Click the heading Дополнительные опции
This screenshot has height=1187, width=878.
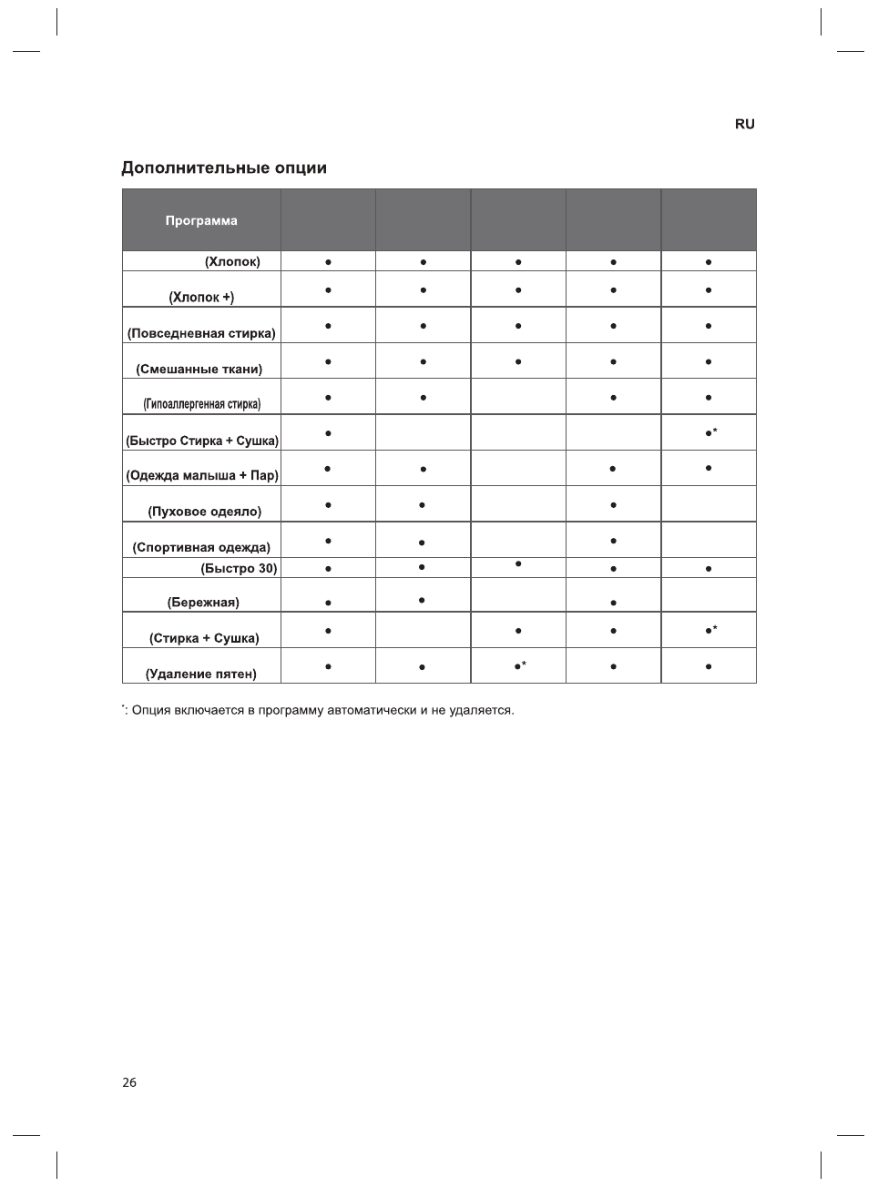click(224, 168)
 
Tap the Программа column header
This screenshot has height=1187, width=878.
click(201, 220)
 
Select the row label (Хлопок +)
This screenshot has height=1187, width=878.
click(201, 297)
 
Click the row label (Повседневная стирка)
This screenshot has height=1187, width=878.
click(201, 333)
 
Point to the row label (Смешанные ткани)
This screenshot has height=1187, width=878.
click(199, 369)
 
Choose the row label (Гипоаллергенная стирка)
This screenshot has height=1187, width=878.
click(201, 404)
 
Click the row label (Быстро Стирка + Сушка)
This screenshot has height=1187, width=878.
click(202, 441)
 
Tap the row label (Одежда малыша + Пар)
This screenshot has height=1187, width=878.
click(202, 475)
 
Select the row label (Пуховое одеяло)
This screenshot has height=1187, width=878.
click(204, 512)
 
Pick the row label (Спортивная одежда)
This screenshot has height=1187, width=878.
click(201, 547)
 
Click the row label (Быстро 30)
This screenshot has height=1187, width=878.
click(239, 568)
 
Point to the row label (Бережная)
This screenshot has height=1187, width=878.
click(203, 602)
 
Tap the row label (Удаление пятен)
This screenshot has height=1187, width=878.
click(201, 674)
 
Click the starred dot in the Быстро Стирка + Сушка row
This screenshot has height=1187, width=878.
click(709, 433)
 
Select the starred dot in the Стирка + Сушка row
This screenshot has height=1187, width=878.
click(709, 630)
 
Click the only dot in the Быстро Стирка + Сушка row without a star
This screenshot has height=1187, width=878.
click(327, 433)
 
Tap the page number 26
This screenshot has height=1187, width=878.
click(129, 1082)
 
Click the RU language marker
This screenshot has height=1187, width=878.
click(744, 124)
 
